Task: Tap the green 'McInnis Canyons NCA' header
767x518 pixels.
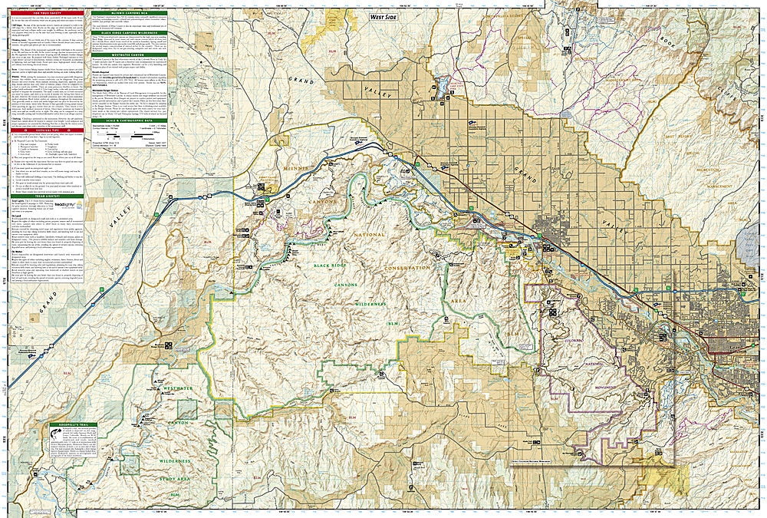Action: click(x=133, y=13)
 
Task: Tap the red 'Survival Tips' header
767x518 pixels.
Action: click(x=44, y=130)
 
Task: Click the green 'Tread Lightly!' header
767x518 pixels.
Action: click(x=44, y=194)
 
